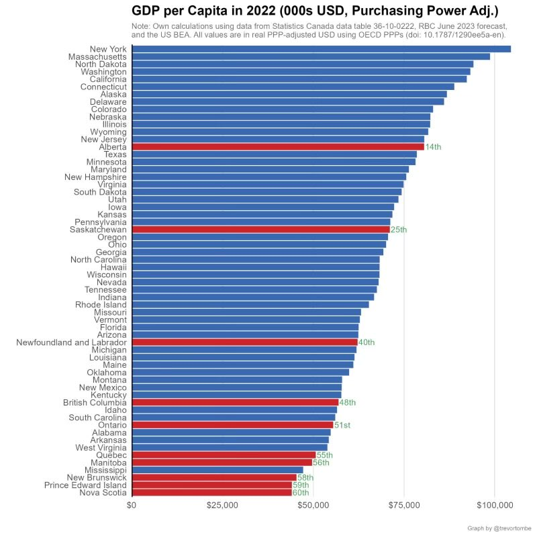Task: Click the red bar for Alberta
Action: tap(279, 146)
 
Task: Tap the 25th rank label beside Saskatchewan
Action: tap(399, 230)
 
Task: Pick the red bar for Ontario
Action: tap(233, 425)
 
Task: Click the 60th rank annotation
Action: tap(300, 493)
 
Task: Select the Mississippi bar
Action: tap(217, 470)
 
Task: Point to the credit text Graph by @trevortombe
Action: tap(499, 528)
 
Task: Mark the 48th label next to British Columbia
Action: tap(347, 403)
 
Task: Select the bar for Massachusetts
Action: tap(311, 56)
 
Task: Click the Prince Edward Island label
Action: tap(85, 485)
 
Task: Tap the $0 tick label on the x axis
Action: tap(132, 505)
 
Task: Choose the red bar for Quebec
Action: tap(224, 455)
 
